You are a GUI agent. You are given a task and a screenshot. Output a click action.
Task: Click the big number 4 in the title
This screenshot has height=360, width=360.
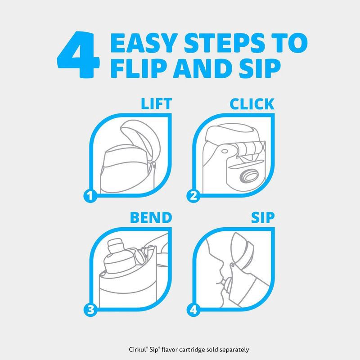tap(78, 54)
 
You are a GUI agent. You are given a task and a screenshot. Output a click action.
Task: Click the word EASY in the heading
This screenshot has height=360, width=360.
tap(144, 43)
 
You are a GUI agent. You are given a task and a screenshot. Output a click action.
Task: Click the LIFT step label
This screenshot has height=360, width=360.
tap(156, 104)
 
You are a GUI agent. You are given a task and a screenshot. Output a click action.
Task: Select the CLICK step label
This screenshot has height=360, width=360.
tap(252, 104)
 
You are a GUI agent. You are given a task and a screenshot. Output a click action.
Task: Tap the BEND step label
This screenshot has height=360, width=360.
tap(151, 218)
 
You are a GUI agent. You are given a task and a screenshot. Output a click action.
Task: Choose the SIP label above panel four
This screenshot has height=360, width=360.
tap(263, 218)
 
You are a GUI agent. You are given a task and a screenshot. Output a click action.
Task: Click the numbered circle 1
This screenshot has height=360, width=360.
tap(90, 196)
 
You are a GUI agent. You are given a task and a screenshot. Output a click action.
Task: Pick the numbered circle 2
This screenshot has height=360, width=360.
tap(193, 196)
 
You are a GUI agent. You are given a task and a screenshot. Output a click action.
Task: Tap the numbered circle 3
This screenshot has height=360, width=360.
tap(90, 309)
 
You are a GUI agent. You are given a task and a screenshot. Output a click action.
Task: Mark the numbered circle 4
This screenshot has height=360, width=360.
tap(193, 309)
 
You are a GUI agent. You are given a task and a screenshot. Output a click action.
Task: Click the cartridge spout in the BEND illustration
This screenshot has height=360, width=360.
tap(116, 246)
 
